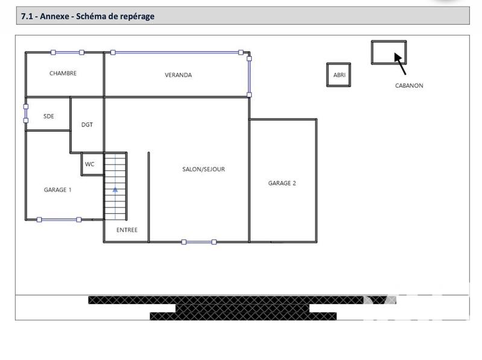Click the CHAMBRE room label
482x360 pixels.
coord(63,73)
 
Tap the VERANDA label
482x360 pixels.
coord(178,75)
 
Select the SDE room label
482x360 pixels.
coord(49,116)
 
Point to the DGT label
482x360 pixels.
coord(87,125)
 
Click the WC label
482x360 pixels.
coord(90,164)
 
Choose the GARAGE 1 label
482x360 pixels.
coord(57,190)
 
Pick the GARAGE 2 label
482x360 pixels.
coord(282,184)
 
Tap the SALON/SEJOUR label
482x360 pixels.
coord(204,169)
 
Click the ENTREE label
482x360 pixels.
coord(127,230)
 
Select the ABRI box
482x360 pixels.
coord(339,75)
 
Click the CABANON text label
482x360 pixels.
coord(409,85)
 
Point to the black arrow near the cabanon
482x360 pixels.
coord(399,62)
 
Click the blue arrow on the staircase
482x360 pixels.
coord(115,190)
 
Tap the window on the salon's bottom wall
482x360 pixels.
coord(199,242)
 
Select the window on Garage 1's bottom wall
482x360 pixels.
coord(59,220)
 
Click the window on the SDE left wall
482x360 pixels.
coord(25,114)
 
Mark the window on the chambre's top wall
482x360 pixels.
coord(67,52)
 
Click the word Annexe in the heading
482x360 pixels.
coord(55,16)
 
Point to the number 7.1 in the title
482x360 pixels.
coord(27,16)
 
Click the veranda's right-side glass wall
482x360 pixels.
coord(249,76)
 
